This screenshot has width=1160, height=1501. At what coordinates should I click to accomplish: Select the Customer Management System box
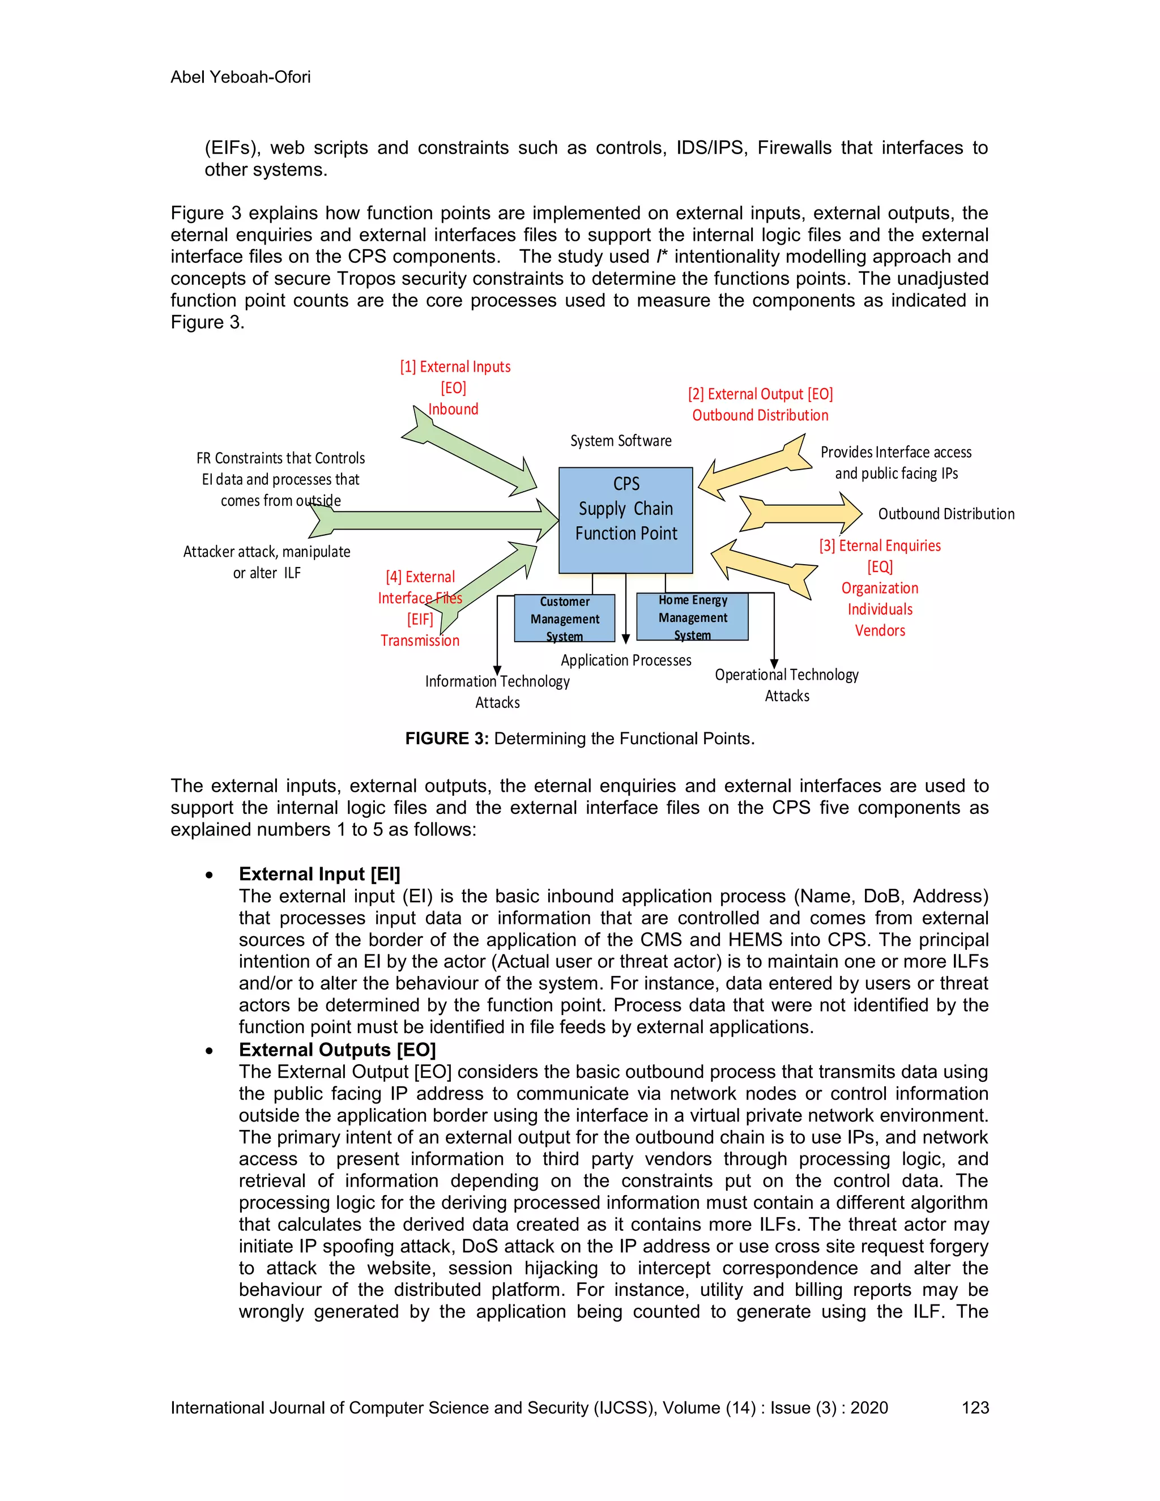coord(564,619)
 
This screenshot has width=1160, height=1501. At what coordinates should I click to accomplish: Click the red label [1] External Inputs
coord(455,367)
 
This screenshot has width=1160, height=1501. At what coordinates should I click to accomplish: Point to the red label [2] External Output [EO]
coord(760,394)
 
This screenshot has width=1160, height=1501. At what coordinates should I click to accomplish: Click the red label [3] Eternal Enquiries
coord(880,545)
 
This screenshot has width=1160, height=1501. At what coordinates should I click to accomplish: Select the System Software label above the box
coord(621,441)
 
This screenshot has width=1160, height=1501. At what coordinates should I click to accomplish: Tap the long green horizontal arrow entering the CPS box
coord(440,521)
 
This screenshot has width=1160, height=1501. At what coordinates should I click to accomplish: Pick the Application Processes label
coord(625,660)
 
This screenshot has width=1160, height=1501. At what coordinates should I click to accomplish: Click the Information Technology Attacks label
coord(497,692)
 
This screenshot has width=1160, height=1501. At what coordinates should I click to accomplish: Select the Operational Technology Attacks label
coord(786,685)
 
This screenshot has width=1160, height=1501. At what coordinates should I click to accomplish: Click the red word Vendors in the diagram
coord(880,630)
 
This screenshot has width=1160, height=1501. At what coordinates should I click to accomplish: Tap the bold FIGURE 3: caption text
coord(447,739)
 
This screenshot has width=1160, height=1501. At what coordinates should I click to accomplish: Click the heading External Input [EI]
coord(319,873)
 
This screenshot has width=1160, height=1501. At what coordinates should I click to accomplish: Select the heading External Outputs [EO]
coord(337,1050)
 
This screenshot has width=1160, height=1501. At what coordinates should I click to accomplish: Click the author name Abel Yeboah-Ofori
coord(241,77)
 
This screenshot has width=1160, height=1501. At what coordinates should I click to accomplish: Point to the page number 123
coord(974,1408)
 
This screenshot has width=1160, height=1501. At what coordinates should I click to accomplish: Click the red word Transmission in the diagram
coord(420,641)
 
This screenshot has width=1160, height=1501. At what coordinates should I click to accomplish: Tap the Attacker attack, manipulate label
coord(267,552)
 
